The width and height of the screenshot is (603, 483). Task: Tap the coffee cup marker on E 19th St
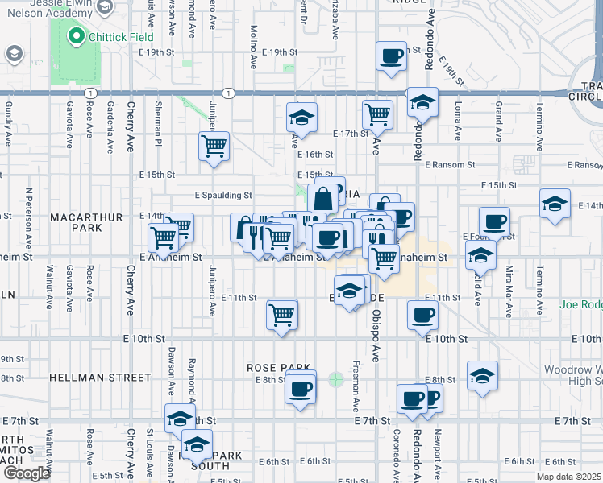click(x=392, y=56)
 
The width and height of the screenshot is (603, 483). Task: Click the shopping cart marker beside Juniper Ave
click(x=214, y=147)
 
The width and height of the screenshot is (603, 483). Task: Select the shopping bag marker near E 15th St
click(x=322, y=198)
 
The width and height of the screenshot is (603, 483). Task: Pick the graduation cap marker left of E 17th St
click(x=301, y=118)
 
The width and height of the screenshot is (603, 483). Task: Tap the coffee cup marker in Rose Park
click(x=301, y=390)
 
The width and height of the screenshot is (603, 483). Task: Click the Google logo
click(x=27, y=473)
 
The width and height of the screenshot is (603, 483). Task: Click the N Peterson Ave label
click(x=28, y=217)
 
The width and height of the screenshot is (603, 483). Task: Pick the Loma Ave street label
click(x=457, y=118)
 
